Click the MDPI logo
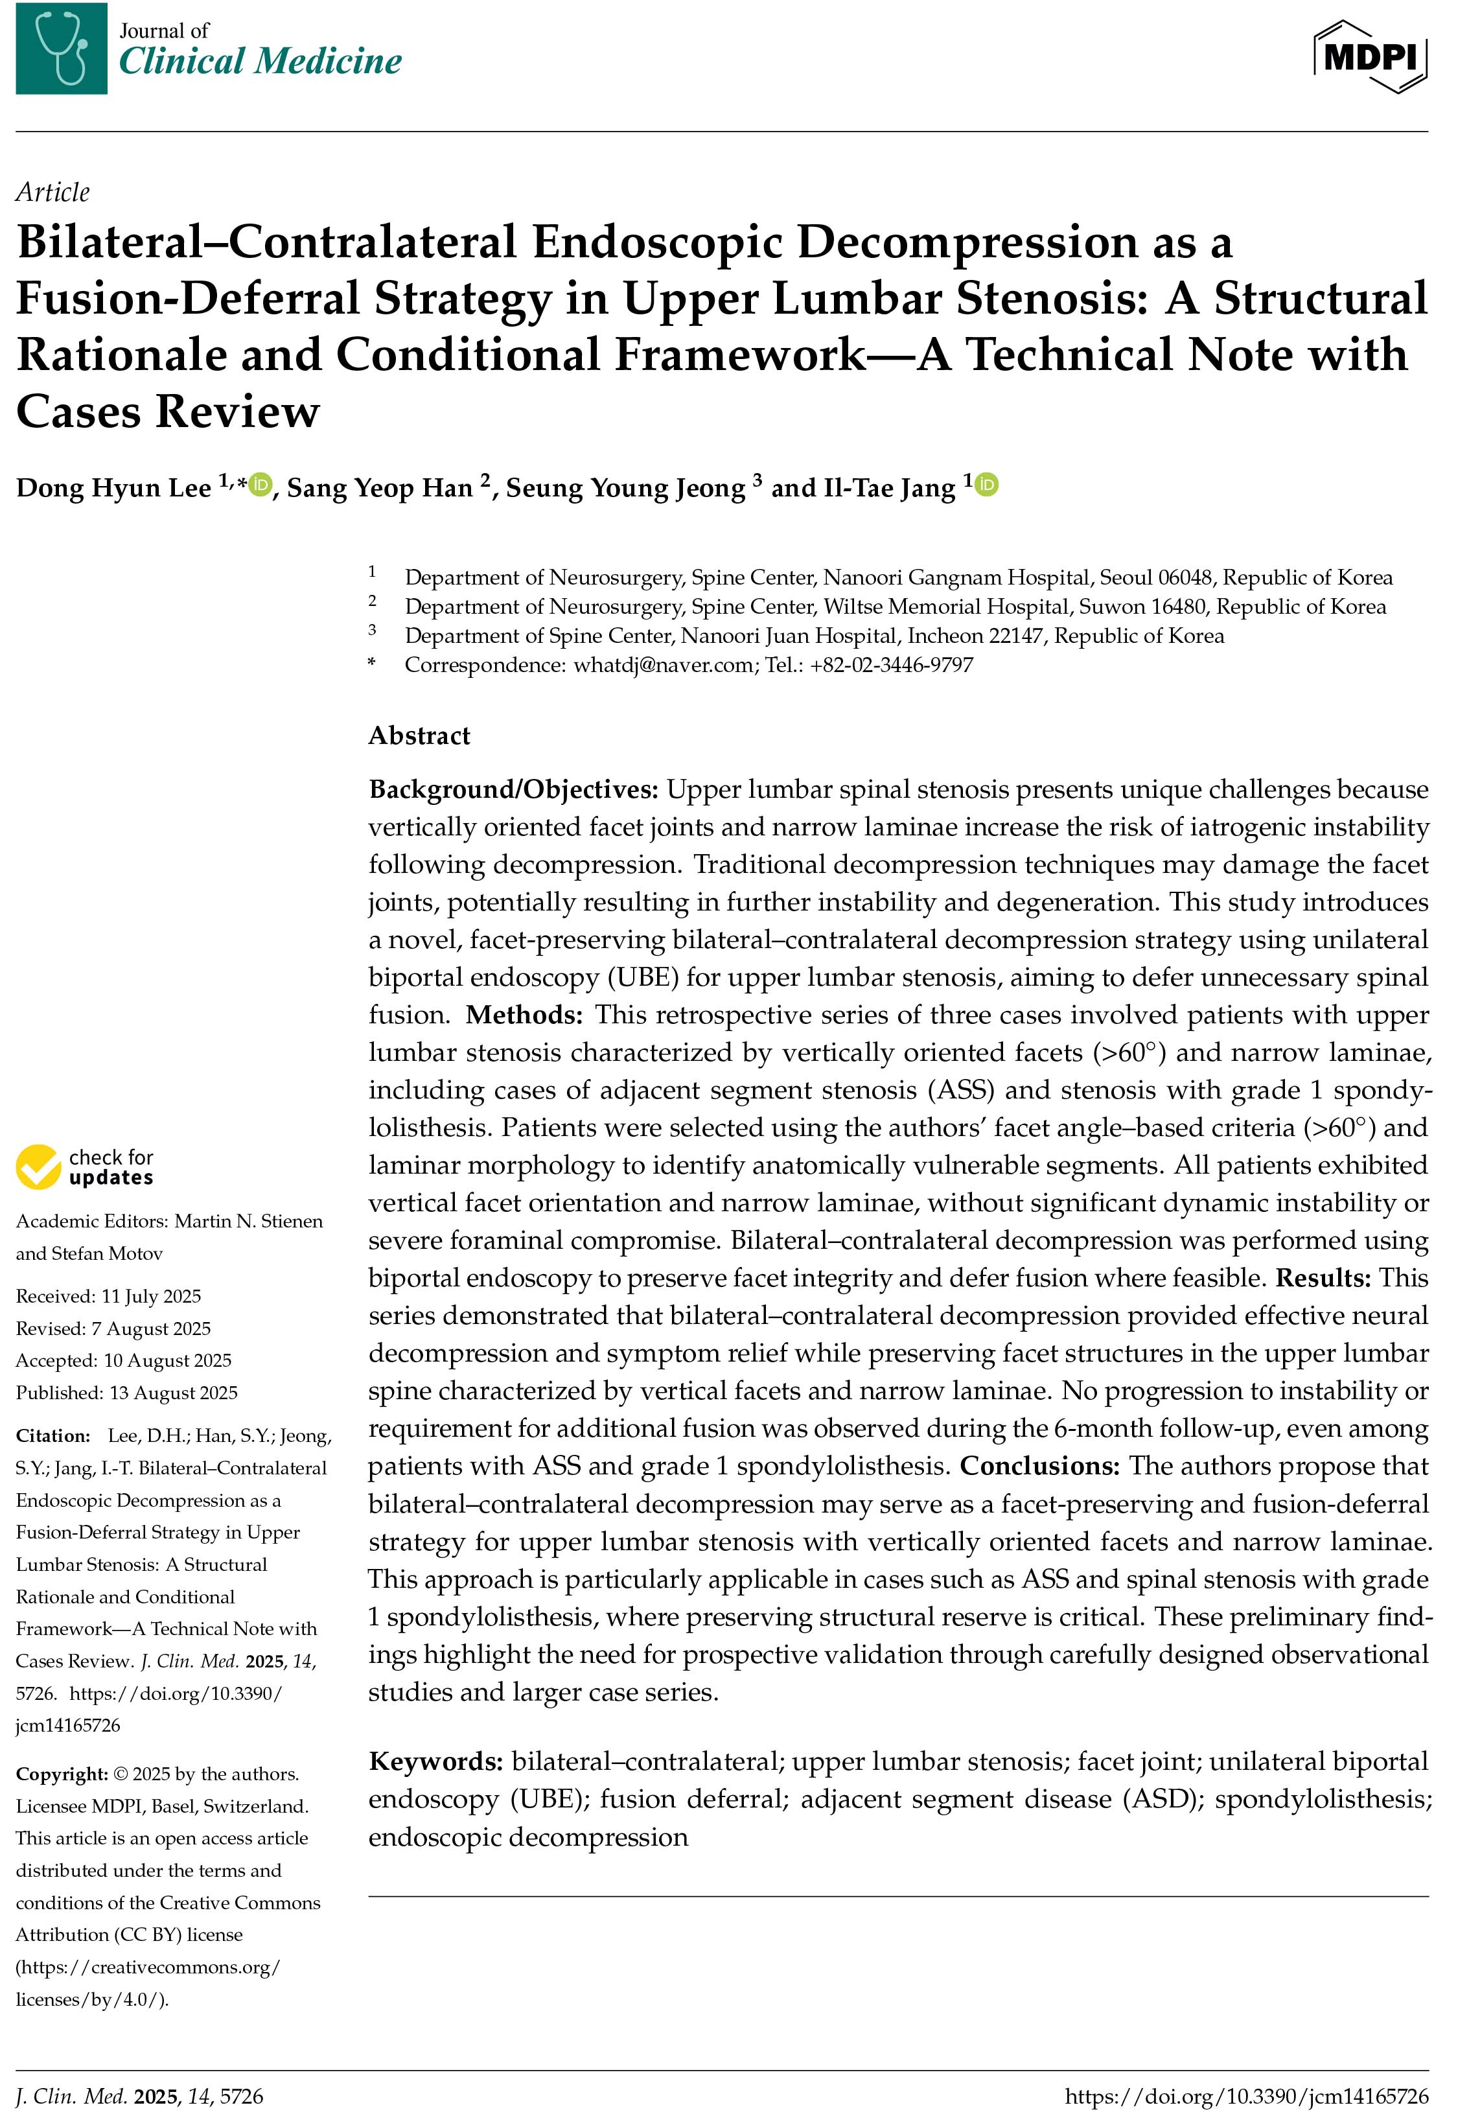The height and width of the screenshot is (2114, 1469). point(1371,57)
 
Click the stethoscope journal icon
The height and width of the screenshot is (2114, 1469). point(62,48)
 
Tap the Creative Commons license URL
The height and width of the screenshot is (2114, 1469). point(147,1983)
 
